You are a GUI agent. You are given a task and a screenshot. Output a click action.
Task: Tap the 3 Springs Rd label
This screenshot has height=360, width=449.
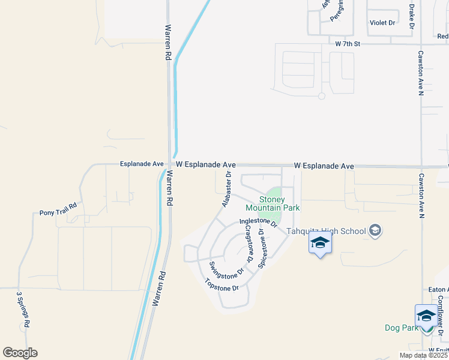point(23,310)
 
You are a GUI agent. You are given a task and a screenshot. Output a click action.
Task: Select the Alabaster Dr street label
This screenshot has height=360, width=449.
point(227,190)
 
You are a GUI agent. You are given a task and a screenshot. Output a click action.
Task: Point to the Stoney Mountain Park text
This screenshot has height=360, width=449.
point(272,203)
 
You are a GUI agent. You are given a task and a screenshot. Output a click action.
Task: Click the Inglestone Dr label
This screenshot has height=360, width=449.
point(258,223)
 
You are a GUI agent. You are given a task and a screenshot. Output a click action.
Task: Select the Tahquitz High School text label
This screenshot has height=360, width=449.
point(326,231)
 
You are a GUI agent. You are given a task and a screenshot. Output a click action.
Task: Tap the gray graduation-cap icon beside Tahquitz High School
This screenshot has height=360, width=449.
point(375,231)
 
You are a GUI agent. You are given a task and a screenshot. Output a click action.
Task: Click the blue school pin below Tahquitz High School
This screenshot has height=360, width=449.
point(320,244)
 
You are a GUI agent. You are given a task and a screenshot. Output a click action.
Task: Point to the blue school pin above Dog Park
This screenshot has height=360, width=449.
point(426,316)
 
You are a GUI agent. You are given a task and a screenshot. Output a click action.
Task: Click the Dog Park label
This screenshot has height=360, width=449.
point(402,328)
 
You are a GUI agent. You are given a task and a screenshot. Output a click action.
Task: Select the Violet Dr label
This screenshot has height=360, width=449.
point(383,23)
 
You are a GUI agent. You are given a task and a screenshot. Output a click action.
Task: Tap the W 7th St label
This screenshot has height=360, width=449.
point(348,44)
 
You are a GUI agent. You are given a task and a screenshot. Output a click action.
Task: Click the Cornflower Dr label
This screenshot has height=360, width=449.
point(440,314)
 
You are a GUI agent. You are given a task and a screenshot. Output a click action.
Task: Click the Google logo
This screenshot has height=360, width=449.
point(20,353)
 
